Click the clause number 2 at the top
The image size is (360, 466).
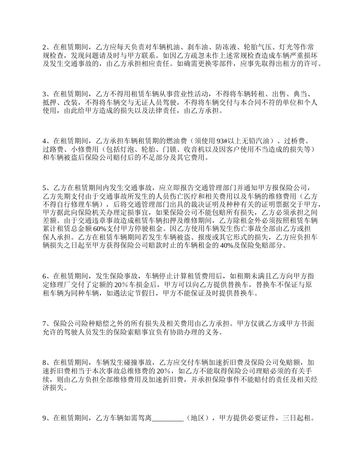(44, 47)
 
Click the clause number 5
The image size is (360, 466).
(44, 188)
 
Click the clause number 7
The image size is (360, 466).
(44, 324)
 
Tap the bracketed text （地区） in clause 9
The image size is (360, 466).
(198, 419)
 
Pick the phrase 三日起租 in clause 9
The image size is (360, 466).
(296, 419)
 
